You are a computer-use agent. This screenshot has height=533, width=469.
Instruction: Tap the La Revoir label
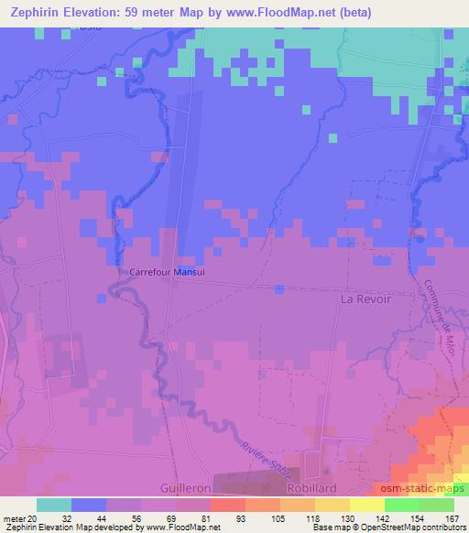click(x=365, y=299)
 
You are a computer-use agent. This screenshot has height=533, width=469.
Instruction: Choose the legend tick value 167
click(x=452, y=517)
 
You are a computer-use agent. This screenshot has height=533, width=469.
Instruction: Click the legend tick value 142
click(x=383, y=517)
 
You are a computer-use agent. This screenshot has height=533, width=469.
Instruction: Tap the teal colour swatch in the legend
click(x=54, y=505)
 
